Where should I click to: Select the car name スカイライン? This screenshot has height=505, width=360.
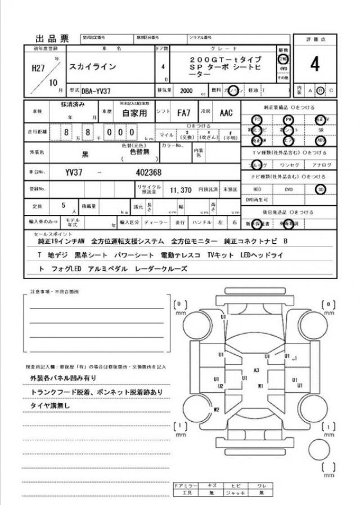[93, 67]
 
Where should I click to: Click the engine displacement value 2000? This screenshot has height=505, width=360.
[186, 91]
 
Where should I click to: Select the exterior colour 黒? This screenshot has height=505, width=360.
[85, 153]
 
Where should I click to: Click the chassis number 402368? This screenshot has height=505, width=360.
[148, 172]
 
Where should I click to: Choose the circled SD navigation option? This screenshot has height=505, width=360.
[321, 189]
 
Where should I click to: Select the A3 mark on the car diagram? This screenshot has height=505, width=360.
[256, 370]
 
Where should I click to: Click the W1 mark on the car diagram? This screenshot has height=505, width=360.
[260, 386]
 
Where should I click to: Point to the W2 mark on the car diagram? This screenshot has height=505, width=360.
[215, 410]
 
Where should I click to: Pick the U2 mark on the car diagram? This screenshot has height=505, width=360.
[220, 386]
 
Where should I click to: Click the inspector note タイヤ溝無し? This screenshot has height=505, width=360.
[49, 405]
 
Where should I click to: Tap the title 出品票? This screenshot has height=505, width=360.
[52, 39]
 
